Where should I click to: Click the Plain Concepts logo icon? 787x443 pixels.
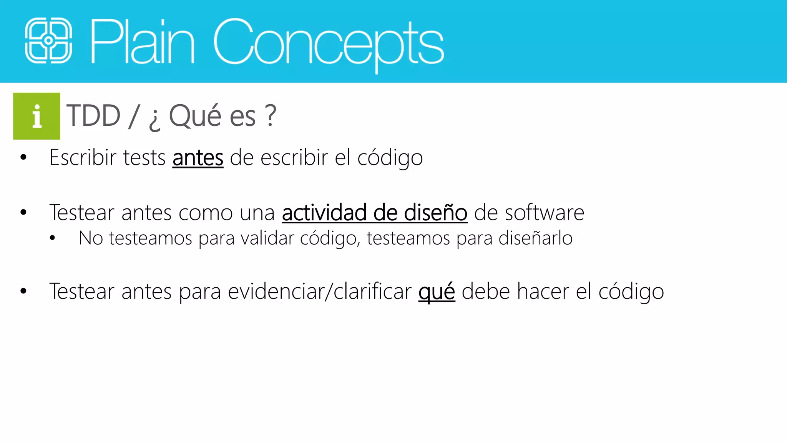pos(48,40)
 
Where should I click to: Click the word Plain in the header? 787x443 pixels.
pos(142,42)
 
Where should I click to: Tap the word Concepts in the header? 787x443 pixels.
pos(329,42)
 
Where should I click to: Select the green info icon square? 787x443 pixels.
pos(37,116)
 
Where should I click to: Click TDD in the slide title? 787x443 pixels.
pos(93,115)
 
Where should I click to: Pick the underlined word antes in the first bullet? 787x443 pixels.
pos(198,158)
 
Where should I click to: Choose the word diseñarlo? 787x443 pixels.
pos(535,238)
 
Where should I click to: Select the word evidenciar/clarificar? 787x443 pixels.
pos(320,291)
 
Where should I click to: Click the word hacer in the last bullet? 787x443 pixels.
pos(543,291)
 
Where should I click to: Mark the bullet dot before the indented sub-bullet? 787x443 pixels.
pos(53,238)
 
